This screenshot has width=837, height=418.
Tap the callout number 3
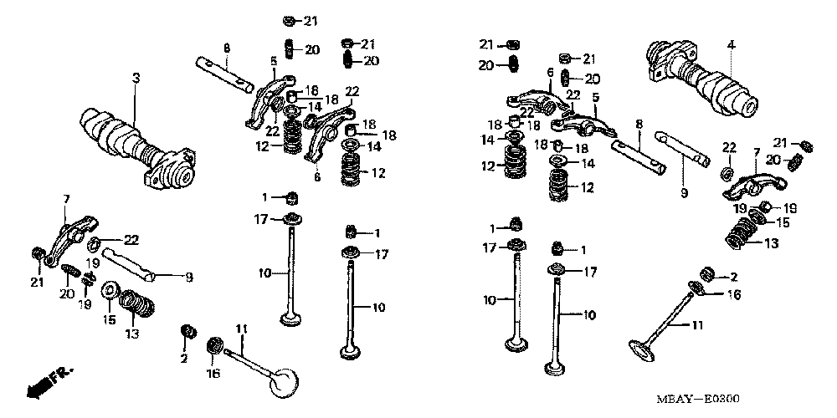click(x=136, y=78)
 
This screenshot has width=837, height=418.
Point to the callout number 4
click(x=730, y=43)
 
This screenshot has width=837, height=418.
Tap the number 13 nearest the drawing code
click(x=772, y=243)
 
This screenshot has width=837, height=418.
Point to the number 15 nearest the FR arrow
click(x=109, y=319)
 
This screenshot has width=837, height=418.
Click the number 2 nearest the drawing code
click(x=734, y=277)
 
